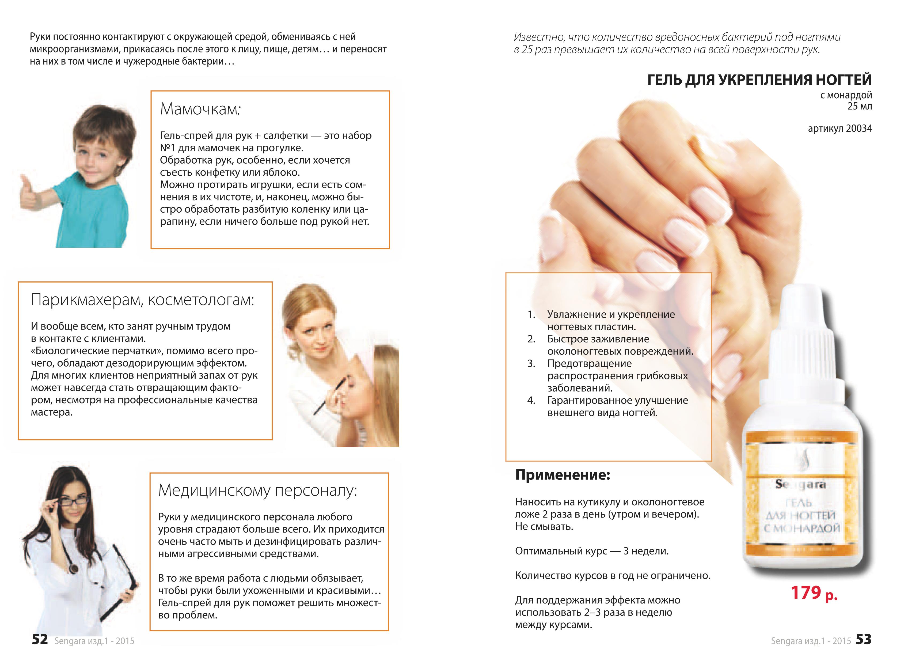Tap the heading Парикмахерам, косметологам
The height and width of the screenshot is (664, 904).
[143, 300]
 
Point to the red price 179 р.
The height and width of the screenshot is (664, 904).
[814, 593]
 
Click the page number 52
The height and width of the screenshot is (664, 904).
[40, 639]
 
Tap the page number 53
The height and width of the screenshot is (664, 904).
[863, 639]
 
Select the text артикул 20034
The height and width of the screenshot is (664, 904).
[840, 129]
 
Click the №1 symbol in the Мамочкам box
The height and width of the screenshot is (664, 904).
[167, 148]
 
